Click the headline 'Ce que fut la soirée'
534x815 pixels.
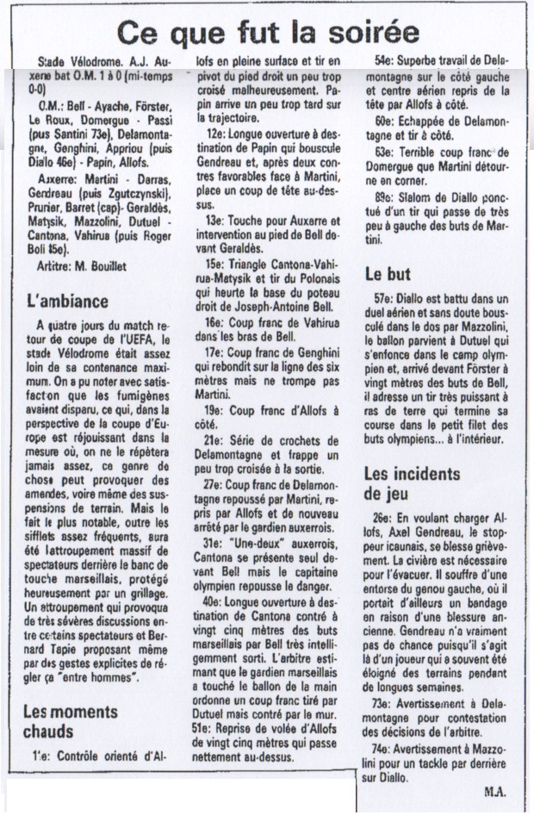point(268,33)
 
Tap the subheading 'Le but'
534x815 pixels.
point(388,274)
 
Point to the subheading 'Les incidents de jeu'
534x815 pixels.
point(411,483)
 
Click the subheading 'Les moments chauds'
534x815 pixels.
point(70,723)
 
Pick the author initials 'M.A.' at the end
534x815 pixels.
point(494,791)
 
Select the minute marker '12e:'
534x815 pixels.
point(216,135)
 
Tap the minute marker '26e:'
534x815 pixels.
point(385,519)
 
